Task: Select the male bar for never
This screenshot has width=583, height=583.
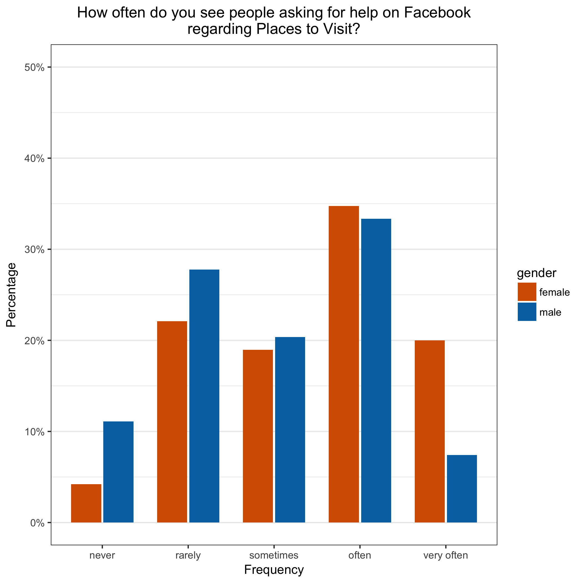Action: [x=118, y=472]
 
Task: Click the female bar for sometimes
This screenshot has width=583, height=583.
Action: [x=258, y=436]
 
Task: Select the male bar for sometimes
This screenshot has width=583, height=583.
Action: [x=290, y=430]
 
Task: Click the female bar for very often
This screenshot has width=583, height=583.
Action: [x=430, y=431]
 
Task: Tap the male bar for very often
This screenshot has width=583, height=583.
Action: [x=462, y=489]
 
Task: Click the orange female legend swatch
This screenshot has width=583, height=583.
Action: [x=527, y=292]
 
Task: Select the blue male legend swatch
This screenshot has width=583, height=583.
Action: [x=527, y=312]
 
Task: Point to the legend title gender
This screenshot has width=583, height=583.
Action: [x=536, y=273]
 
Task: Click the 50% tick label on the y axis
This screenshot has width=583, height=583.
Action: [x=34, y=67]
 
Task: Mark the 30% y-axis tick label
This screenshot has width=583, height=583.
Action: [x=34, y=250]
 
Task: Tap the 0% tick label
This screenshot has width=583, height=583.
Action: [x=37, y=523]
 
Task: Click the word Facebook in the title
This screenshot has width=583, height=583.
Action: [x=437, y=13]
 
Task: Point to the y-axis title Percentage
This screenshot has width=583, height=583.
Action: [x=11, y=295]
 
